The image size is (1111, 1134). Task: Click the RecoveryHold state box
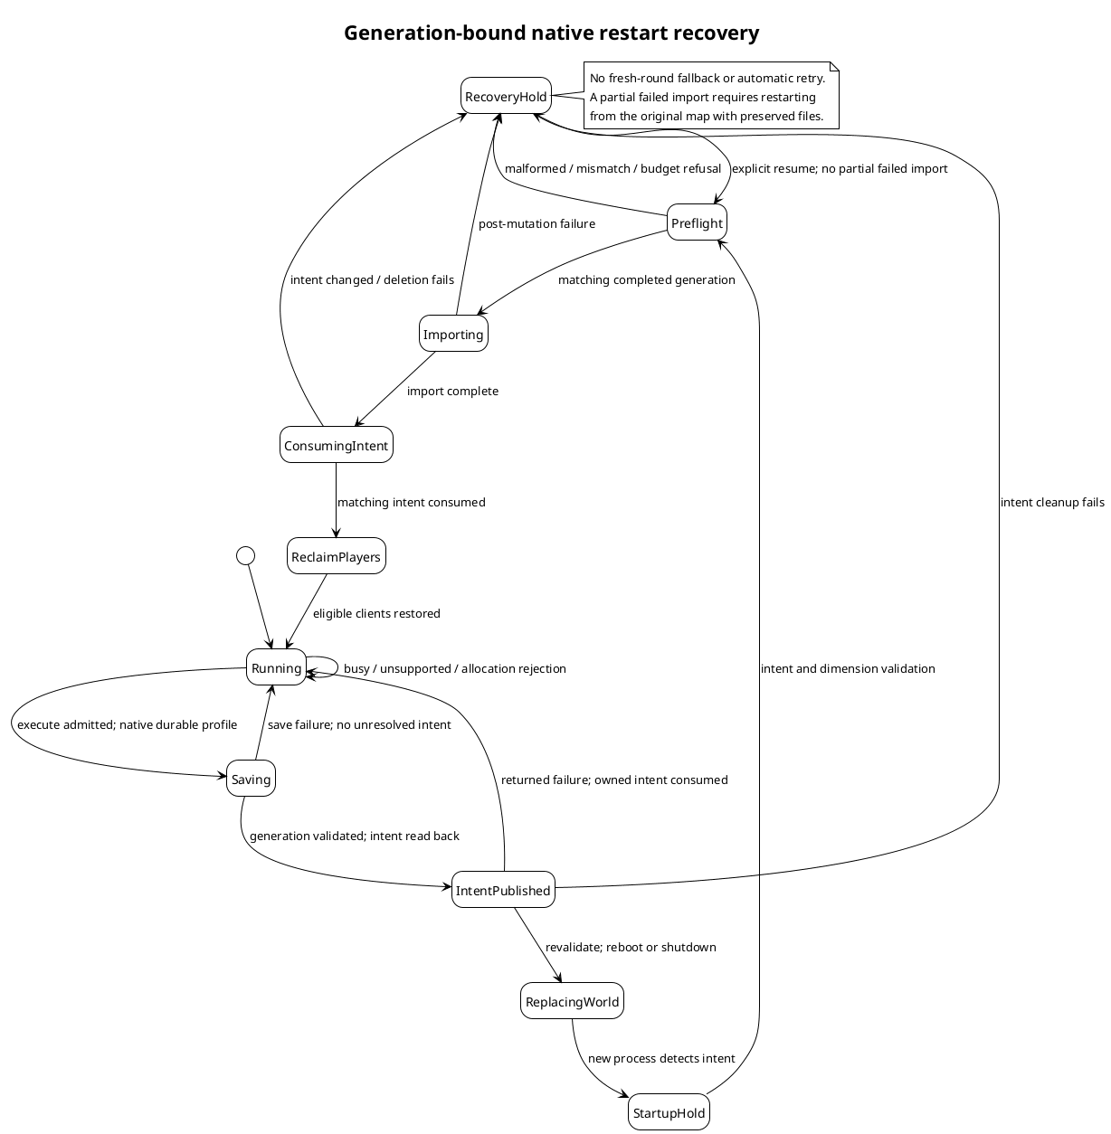pos(506,95)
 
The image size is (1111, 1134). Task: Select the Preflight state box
pos(698,222)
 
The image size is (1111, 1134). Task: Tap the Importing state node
pos(453,334)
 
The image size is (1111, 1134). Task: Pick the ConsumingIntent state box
pos(337,445)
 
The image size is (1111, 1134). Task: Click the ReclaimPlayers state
pos(337,556)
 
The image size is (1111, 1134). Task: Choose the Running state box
pos(276,667)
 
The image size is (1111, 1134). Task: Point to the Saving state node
pos(251,779)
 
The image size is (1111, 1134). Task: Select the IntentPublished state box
pos(503,890)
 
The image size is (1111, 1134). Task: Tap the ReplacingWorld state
pos(573,1001)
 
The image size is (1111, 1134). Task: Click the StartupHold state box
pos(669,1112)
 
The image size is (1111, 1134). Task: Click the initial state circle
pos(245,555)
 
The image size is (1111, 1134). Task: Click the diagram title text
pos(552,33)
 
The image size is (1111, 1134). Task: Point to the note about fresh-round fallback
pos(711,95)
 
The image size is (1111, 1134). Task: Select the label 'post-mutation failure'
pos(537,223)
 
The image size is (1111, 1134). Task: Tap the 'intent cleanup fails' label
pos(1053,502)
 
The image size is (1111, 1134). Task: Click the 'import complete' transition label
pos(452,391)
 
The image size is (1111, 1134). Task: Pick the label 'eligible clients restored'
pos(376,613)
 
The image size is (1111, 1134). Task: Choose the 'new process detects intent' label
pos(661,1058)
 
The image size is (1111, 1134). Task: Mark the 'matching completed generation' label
pos(647,279)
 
